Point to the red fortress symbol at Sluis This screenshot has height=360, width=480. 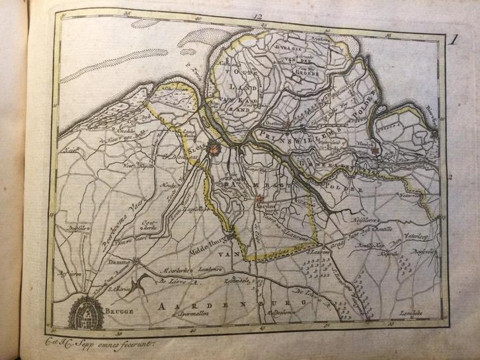click(215, 150)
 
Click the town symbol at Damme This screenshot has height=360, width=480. click(136, 260)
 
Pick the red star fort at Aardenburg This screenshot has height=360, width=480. click(259, 198)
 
